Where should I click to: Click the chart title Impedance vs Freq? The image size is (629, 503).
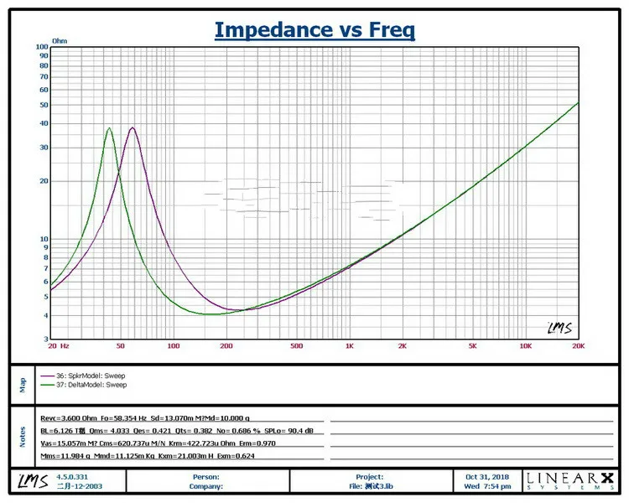[x=314, y=30]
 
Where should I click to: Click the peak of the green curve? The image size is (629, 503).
[x=109, y=128]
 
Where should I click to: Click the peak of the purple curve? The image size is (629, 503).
[x=133, y=128]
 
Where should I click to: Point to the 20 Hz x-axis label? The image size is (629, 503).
[x=59, y=345]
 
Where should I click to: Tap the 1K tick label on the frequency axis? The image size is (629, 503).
[x=349, y=345]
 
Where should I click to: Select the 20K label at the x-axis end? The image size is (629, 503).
[x=577, y=345]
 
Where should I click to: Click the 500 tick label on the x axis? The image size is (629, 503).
[x=296, y=345]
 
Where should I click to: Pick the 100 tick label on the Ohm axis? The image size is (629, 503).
[x=42, y=47]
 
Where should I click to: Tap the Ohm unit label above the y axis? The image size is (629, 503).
[x=60, y=39]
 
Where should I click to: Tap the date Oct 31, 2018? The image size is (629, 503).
[x=487, y=476]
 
